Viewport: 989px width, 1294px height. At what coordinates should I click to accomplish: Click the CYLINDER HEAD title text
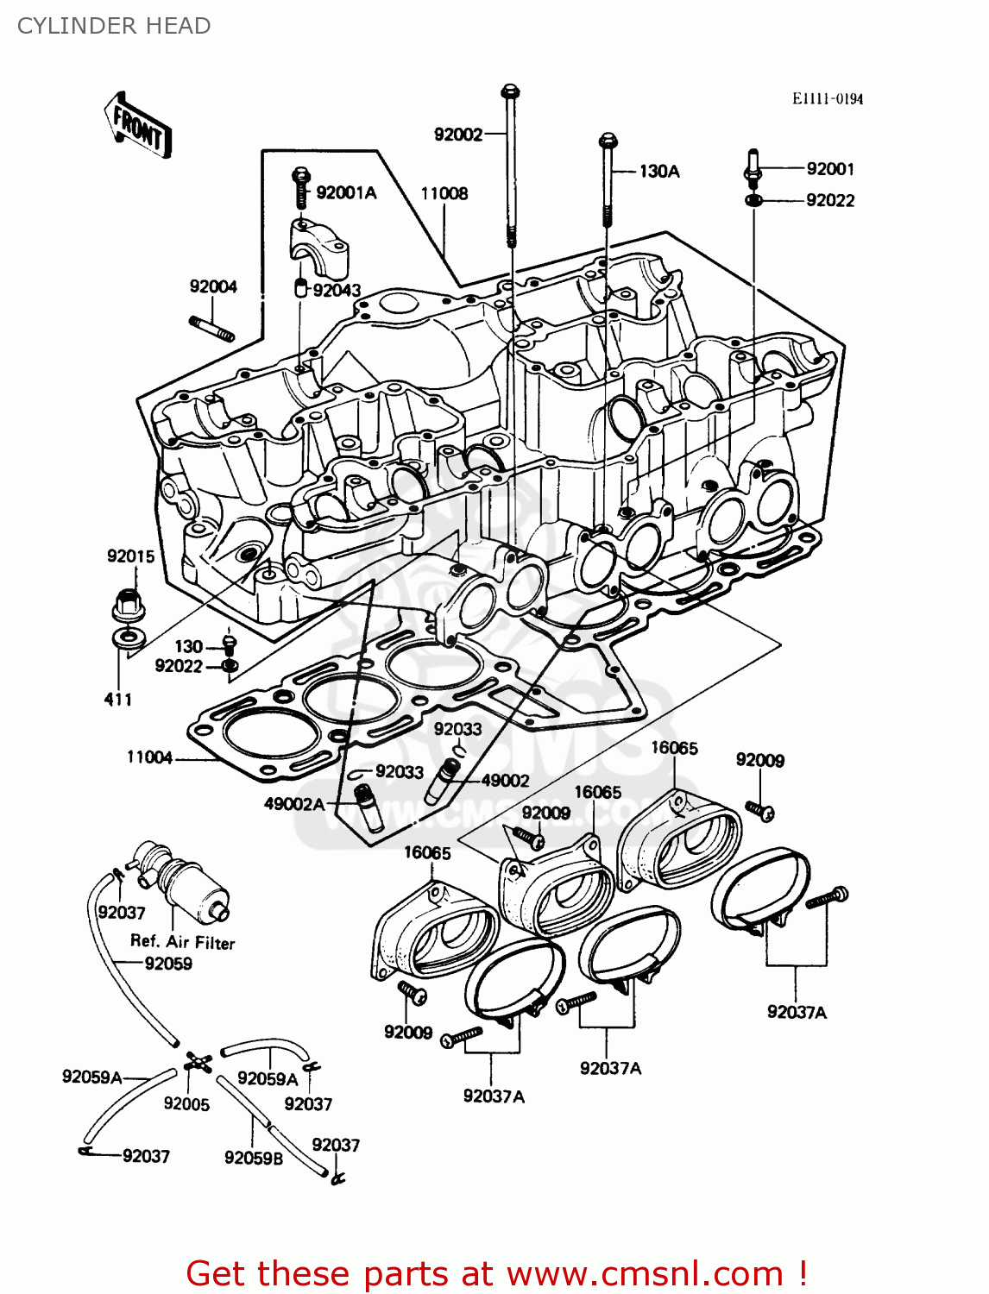tap(114, 26)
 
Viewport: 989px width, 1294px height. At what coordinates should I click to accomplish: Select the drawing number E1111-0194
tap(827, 98)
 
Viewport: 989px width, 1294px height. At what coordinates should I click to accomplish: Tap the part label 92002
tap(457, 135)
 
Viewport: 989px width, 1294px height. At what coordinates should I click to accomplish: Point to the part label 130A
tap(658, 172)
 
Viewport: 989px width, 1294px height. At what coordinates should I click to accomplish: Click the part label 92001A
tap(346, 192)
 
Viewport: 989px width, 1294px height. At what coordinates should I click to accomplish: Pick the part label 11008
tap(444, 193)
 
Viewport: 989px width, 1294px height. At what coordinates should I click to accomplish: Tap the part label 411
tap(118, 700)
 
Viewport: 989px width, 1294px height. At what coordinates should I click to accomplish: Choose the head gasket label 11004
tap(149, 757)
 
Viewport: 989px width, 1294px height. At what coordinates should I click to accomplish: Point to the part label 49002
tap(505, 781)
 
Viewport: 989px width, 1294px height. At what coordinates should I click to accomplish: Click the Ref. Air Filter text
tap(182, 942)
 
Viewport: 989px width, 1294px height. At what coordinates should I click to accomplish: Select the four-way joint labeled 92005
tap(198, 1063)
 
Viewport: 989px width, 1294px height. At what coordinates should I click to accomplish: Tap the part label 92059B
tap(253, 1158)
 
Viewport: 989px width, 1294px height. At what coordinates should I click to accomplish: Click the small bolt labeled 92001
tap(752, 166)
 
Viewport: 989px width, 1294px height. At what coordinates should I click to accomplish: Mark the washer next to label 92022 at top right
tap(753, 201)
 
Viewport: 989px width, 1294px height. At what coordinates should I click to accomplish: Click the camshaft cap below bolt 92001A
tap(318, 245)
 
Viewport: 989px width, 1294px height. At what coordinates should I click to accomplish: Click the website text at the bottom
tap(496, 1273)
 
